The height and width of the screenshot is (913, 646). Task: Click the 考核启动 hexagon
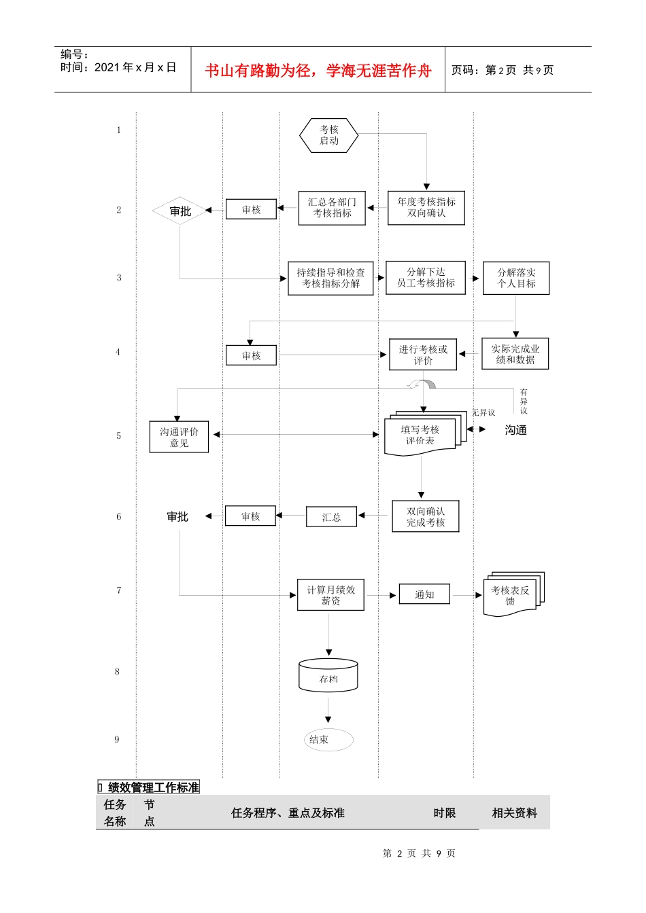(329, 135)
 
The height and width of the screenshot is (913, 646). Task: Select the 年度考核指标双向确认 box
(426, 208)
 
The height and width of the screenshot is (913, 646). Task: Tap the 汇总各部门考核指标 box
(332, 208)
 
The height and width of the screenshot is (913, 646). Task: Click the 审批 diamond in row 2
(180, 211)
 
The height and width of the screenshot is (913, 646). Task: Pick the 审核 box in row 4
(251, 355)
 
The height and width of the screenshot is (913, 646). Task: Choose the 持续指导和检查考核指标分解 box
(330, 278)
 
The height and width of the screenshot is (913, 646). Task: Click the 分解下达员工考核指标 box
(426, 277)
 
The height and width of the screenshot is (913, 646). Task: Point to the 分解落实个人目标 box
(516, 278)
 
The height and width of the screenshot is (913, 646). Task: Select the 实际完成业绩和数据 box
(515, 354)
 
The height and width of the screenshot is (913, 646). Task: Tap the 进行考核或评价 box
(423, 355)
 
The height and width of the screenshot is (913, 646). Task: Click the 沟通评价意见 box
(179, 437)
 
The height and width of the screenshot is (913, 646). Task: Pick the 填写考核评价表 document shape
(421, 435)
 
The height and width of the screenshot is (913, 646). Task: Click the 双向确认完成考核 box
(426, 517)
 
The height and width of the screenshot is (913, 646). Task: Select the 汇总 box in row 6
(331, 517)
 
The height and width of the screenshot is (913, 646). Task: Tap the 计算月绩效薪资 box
(330, 595)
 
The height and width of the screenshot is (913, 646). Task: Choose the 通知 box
(424, 594)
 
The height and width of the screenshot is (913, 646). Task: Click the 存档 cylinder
(328, 677)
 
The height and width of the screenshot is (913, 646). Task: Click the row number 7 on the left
(119, 590)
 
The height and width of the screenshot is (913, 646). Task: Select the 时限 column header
(445, 813)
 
